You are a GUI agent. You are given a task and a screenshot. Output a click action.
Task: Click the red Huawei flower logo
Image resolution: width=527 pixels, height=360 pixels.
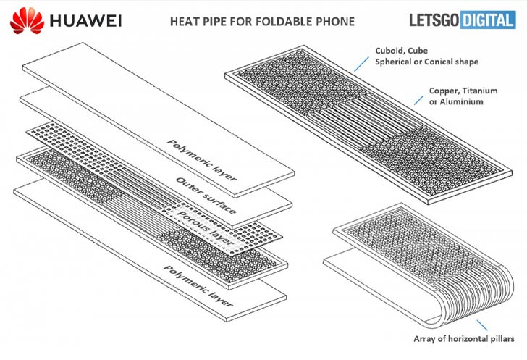[28, 20]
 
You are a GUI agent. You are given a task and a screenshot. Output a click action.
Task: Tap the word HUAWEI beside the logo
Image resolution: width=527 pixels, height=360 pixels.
[85, 21]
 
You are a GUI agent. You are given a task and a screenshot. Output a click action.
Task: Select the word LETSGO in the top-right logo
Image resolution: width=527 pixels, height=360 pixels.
[434, 20]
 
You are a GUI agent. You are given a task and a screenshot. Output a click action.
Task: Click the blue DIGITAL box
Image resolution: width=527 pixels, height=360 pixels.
[488, 20]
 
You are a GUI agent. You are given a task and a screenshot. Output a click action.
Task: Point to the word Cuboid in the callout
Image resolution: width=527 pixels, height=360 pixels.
[388, 51]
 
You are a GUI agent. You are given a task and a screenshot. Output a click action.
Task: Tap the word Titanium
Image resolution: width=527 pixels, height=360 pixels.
[480, 91]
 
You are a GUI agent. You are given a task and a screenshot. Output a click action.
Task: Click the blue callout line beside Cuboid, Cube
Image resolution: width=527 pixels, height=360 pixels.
[361, 64]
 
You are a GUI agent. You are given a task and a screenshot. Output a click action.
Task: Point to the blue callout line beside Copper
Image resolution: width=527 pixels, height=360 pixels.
[418, 100]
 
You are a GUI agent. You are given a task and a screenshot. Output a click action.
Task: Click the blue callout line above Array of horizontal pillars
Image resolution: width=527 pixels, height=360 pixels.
[481, 325]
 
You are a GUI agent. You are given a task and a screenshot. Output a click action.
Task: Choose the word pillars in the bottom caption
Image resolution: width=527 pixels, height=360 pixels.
[502, 339]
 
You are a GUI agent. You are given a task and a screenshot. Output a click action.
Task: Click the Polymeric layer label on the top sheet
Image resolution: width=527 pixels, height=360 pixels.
[202, 160]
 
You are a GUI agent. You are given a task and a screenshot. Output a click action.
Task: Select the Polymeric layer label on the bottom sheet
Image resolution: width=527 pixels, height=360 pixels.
[198, 286]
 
